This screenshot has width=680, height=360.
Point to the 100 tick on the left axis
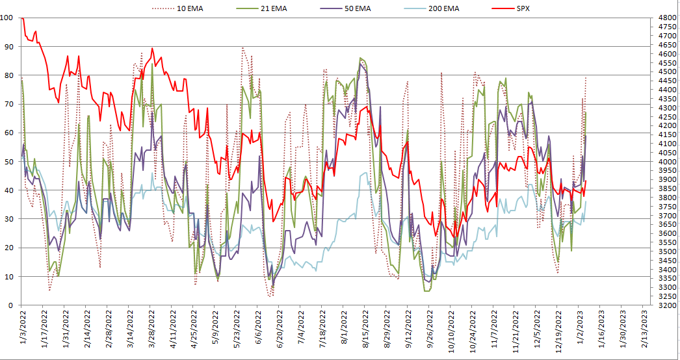8,18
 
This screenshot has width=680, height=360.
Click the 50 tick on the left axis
8,161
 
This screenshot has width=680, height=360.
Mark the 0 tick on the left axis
8,305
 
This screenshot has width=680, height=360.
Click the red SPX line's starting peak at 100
22,18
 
